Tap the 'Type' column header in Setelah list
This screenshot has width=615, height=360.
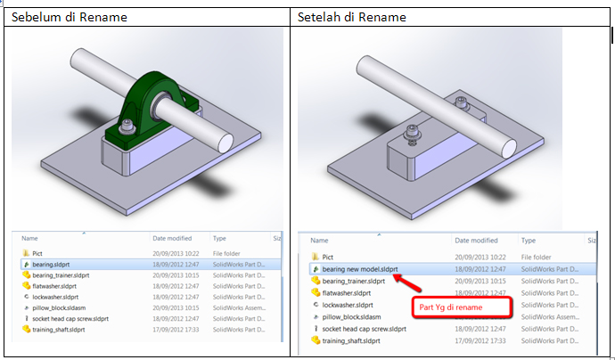pos(529,241)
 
